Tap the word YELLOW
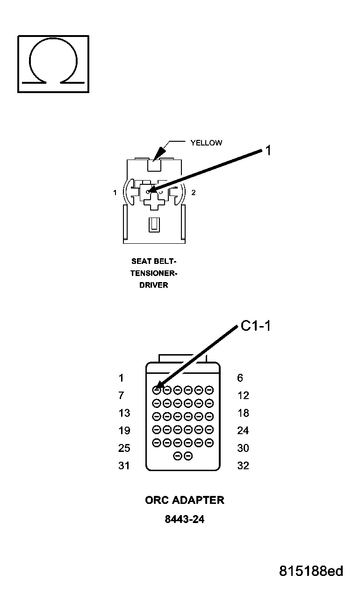[x=206, y=143]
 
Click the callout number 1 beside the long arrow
[x=268, y=150]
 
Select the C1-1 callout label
[x=256, y=326]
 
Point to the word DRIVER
[x=153, y=285]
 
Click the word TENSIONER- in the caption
[x=154, y=273]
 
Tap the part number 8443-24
[x=184, y=519]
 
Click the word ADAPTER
[x=199, y=500]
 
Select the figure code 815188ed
[x=311, y=571]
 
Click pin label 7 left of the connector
[x=122, y=396]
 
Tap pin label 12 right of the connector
[x=243, y=396]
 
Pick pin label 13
[x=124, y=413]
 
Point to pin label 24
[x=243, y=430]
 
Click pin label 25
[x=124, y=448]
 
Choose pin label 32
[x=243, y=466]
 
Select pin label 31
[x=124, y=466]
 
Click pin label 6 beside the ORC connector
[x=240, y=378]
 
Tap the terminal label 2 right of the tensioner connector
[x=194, y=192]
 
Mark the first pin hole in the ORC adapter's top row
[x=157, y=389]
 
